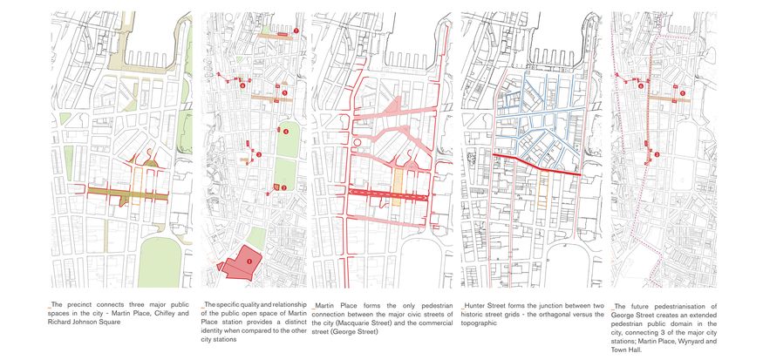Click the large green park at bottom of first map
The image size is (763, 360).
click(x=159, y=262)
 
